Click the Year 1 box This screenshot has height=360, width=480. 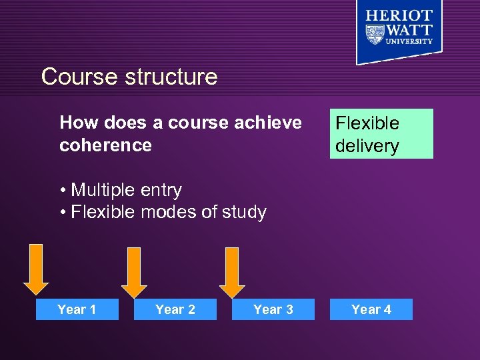click(77, 309)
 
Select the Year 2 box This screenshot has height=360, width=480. click(175, 309)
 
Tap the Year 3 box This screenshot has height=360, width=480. click(273, 309)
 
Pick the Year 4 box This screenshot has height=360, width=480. click(371, 309)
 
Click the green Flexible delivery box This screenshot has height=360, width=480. click(381, 134)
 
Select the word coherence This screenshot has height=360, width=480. click(105, 145)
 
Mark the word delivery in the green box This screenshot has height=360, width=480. click(367, 146)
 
